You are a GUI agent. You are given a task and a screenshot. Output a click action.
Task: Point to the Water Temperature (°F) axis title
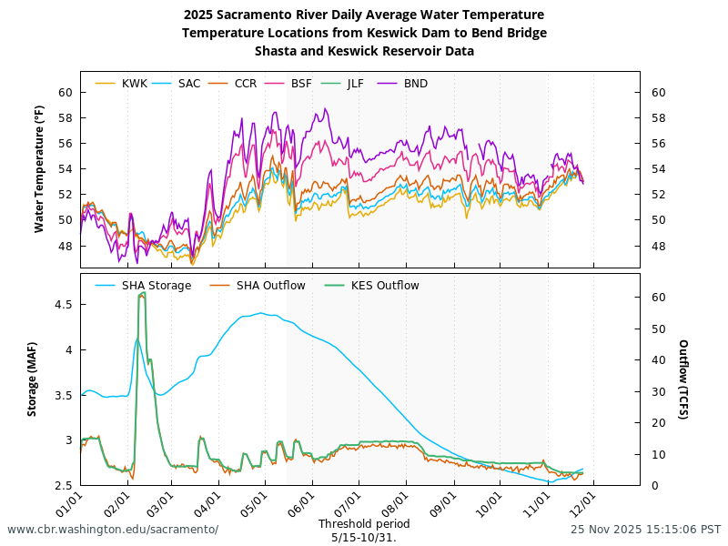coord(39,167)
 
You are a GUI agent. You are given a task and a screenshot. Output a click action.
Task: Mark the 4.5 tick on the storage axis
coord(63,305)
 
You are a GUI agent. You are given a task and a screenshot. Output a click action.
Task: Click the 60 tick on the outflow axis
coord(659,298)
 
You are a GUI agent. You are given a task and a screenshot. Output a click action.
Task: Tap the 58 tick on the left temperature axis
coord(65,118)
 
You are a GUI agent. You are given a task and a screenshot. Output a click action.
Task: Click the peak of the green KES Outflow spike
coord(142,293)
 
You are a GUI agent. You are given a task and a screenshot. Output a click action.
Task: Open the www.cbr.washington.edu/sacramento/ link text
coord(113,530)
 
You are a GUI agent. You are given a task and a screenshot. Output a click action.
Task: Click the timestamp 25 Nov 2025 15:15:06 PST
coord(646,530)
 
